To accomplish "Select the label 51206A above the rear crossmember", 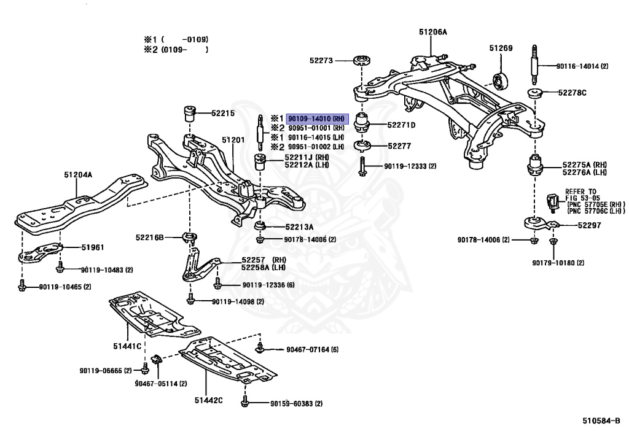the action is (x=432, y=32).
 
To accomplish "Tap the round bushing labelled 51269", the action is (x=501, y=82).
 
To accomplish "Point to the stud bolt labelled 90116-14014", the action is (x=535, y=65).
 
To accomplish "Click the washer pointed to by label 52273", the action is (x=361, y=61).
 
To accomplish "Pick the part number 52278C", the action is (x=572, y=93).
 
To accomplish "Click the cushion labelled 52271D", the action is (x=362, y=123).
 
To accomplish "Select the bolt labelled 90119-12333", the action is (x=362, y=166).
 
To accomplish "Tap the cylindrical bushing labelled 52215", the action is (x=189, y=114).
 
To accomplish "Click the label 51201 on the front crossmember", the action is (x=233, y=139).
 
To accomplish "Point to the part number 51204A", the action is (x=78, y=175).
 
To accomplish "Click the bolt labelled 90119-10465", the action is (x=22, y=285).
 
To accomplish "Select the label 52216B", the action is (x=150, y=238).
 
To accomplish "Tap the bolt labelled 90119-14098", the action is (x=190, y=300).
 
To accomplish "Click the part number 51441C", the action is (x=127, y=346).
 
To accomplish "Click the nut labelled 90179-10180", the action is (x=553, y=241).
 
